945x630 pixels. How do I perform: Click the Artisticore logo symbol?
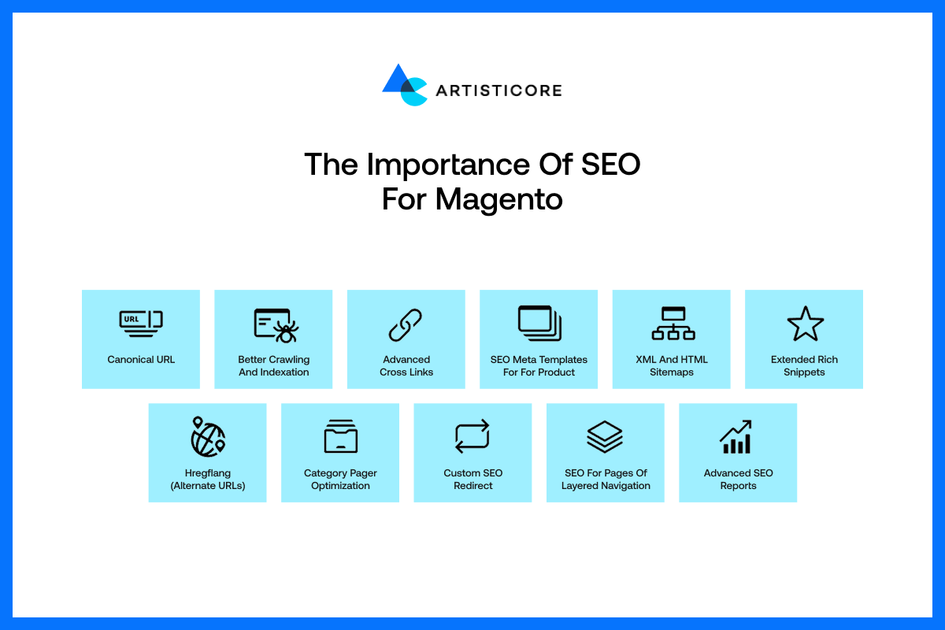coord(405,85)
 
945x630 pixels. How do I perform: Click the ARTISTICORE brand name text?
coord(499,91)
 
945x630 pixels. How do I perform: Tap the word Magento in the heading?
coord(498,200)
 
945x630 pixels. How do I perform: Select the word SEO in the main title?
coord(611,164)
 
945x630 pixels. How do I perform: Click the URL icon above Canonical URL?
coord(141,324)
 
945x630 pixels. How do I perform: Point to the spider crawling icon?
coord(276,325)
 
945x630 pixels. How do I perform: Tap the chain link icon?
coord(405,324)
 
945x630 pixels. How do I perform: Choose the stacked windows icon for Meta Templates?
coord(539,323)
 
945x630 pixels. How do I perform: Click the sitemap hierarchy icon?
coord(673,323)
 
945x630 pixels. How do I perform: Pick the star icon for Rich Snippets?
coord(806,324)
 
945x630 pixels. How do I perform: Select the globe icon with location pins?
coord(208,437)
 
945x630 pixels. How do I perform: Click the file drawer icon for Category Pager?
coord(340,436)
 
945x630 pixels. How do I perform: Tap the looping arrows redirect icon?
coord(472,436)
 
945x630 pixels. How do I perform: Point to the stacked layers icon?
coord(605,437)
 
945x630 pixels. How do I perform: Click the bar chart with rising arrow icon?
coord(736,437)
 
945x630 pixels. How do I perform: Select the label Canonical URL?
coord(141,360)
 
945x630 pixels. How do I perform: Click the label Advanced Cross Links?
coord(406,366)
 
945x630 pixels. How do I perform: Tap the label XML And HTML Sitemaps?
coord(672,366)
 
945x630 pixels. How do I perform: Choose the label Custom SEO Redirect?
coord(473,480)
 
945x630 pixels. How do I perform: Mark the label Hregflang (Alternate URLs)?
coord(208,480)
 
